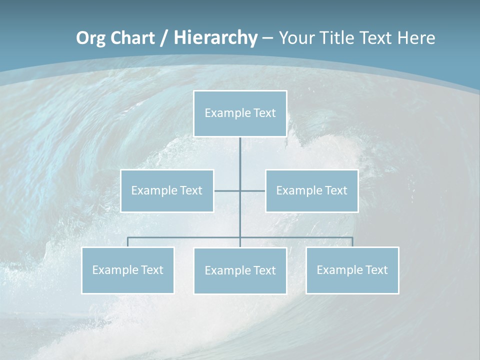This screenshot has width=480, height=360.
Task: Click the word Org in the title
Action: pyautogui.click(x=91, y=38)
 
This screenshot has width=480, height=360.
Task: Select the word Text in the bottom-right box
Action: pyautogui.click(x=376, y=270)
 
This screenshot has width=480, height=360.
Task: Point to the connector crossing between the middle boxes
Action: pyautogui.click(x=240, y=190)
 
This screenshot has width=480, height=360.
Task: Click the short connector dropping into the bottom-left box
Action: pyautogui.click(x=128, y=242)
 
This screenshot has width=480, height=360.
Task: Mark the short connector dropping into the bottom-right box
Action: pyautogui.click(x=352, y=242)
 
